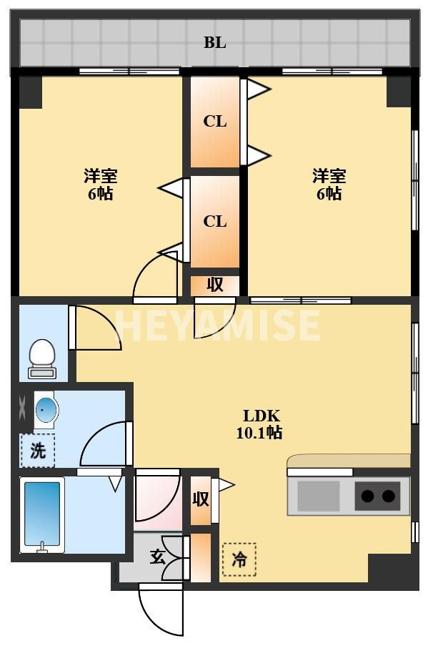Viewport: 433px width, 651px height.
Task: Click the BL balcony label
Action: tap(214, 43)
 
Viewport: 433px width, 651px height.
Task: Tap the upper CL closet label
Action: tap(214, 122)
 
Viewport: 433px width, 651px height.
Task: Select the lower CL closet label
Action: tap(214, 222)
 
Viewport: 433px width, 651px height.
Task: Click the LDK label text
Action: tap(262, 416)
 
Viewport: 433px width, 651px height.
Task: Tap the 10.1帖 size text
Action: tap(259, 433)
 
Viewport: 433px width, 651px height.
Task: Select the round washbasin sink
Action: tap(46, 411)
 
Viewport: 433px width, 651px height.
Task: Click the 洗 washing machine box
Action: tap(37, 451)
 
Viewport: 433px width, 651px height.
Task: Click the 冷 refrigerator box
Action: tap(239, 560)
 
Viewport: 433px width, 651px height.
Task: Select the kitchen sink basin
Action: tap(318, 496)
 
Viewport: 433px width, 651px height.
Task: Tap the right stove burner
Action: tap(389, 496)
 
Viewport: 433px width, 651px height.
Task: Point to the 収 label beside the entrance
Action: tap(201, 499)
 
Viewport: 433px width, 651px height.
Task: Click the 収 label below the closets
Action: tap(215, 285)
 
